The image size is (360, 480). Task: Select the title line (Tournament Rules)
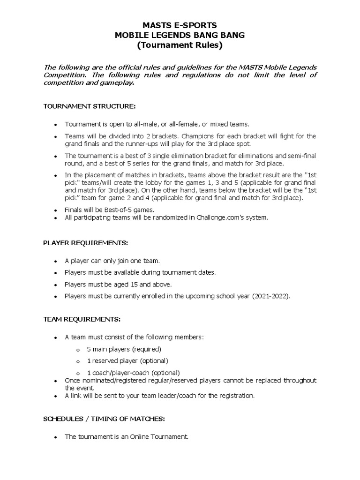180,45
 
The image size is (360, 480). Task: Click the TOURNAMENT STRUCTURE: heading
89,106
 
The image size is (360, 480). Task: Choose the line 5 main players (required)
124,349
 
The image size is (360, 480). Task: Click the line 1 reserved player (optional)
127,361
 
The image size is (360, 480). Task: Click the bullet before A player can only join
55,261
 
